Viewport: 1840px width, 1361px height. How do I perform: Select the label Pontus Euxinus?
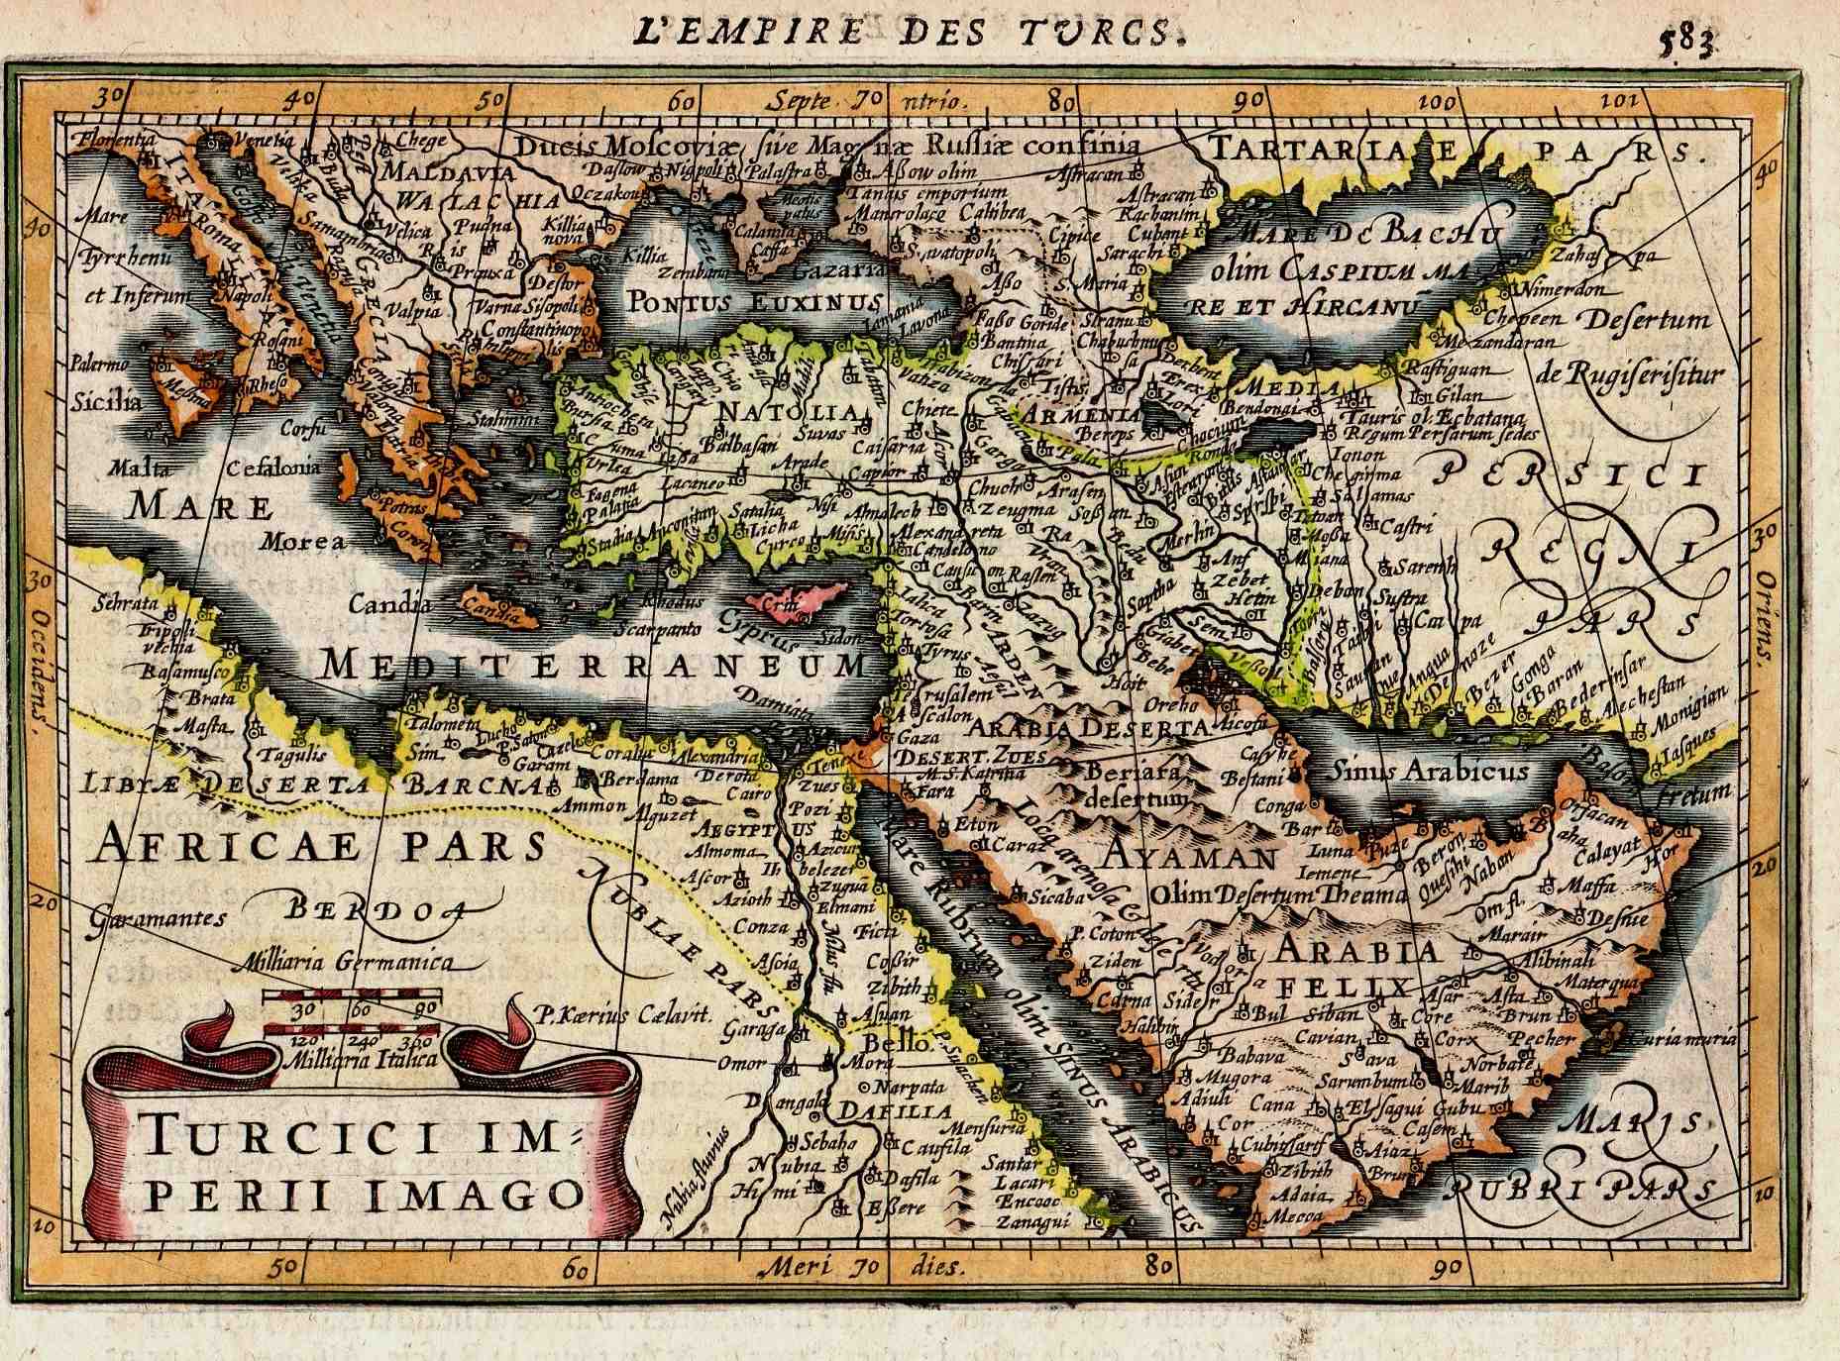coord(754,302)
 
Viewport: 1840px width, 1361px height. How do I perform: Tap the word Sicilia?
coord(106,403)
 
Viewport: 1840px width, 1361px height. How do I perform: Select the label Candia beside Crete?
coord(389,603)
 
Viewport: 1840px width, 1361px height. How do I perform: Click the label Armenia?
coord(1083,415)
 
